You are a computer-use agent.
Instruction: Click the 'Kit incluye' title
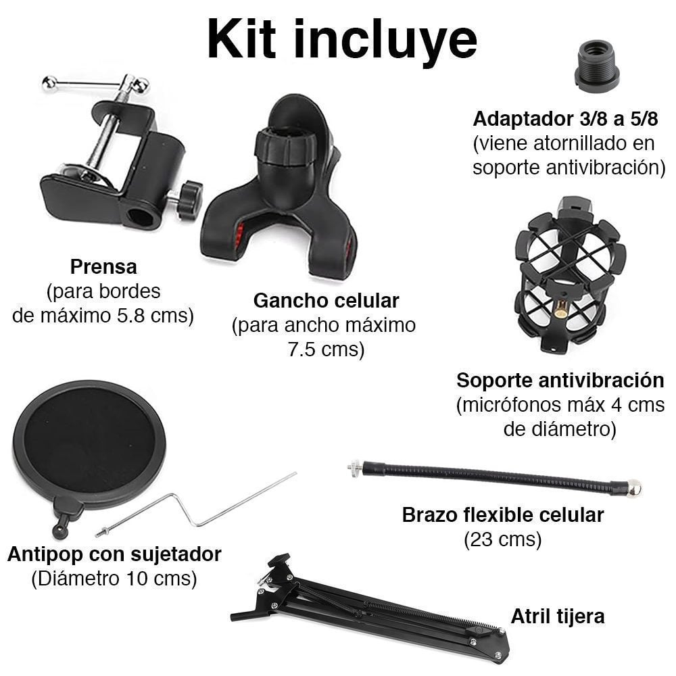coord(341,40)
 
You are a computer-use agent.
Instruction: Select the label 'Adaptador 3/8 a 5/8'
coord(564,119)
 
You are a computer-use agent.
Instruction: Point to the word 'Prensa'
coord(103,267)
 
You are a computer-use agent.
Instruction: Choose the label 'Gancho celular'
coord(326,300)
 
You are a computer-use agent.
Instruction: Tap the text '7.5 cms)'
coord(324,349)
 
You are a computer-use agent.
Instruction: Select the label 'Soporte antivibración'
coord(560,379)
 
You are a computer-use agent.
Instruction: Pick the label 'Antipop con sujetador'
coord(114,554)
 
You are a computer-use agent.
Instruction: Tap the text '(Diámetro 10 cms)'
coord(114,579)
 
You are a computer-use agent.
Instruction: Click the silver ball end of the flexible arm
coord(633,488)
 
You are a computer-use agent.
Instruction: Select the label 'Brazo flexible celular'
coord(503,515)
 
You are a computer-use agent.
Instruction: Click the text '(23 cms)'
coord(502,539)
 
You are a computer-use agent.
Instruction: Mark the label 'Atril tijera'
coord(557,616)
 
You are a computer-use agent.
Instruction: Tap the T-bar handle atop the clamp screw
coord(95,84)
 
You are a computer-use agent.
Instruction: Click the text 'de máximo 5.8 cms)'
coord(103,316)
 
